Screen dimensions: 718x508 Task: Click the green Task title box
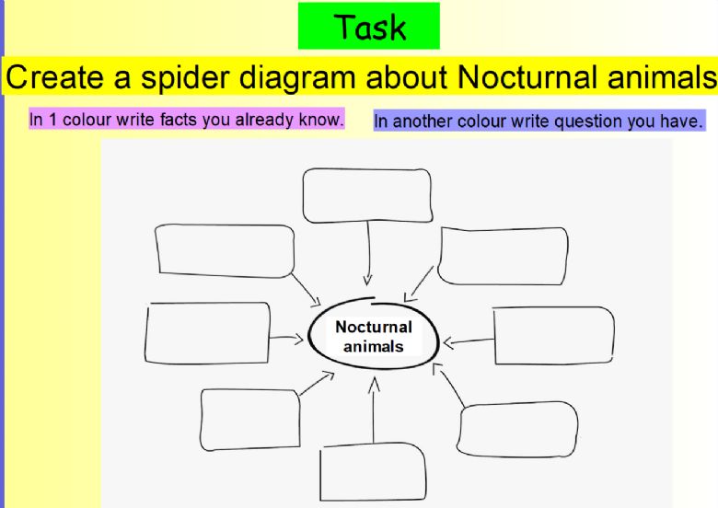369,26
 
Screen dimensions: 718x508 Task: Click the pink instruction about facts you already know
186,119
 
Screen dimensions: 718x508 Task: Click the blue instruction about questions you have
538,121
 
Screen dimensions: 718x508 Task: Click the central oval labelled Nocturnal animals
374,333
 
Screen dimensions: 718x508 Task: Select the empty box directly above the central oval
367,195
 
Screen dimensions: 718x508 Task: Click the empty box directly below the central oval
373,472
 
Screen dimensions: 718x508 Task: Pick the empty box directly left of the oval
207,333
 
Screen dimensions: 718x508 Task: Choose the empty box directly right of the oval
553,336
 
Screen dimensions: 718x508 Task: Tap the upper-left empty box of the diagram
225,251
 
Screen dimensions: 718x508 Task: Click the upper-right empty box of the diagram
503,256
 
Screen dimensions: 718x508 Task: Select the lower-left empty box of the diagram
250,420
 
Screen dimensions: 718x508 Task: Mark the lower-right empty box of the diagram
517,429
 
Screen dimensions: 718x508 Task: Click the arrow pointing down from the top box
367,254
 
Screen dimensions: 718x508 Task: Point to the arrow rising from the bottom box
374,410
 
